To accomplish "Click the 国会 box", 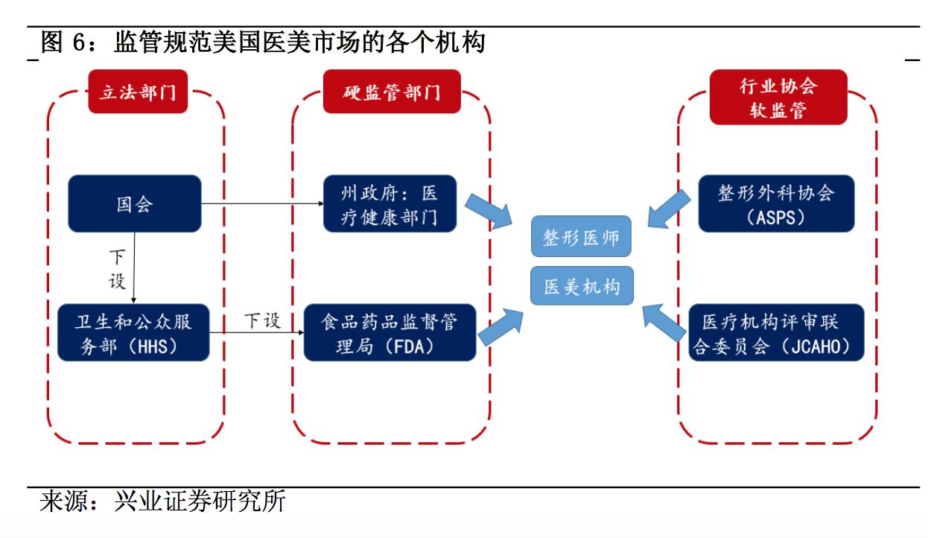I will point(134,203).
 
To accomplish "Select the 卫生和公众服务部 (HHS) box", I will point(134,333).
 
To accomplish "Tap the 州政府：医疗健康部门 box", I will point(390,203).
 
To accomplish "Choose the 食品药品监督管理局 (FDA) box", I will point(390,333).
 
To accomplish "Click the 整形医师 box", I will point(581,238).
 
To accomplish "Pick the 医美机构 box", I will point(581,286).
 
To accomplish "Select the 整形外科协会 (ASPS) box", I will point(775,203).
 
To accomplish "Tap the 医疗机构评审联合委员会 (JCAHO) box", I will point(775,333).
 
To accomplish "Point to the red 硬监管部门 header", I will point(392,92).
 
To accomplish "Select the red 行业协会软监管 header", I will point(778,98).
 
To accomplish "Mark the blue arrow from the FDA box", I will point(500,326).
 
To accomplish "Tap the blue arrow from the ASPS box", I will point(669,206).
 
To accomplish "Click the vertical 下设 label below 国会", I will point(118,270).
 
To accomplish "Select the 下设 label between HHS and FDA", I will point(263,321).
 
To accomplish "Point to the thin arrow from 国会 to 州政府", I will point(261,203).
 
